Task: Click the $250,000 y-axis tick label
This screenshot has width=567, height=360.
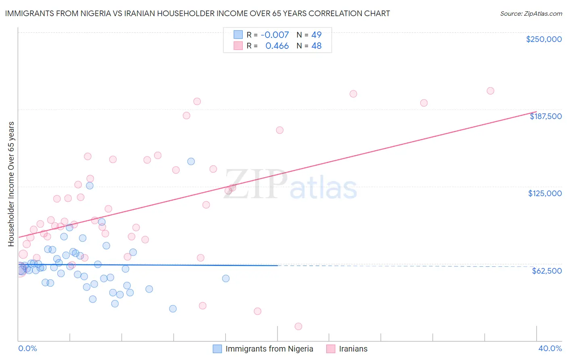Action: pos(544,39)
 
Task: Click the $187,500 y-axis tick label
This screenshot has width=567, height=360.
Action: pos(545,116)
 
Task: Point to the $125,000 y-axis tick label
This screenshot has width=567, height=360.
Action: pos(545,193)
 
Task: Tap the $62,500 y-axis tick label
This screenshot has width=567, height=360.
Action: pos(546,271)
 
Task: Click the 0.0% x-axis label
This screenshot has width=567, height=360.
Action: pos(27,348)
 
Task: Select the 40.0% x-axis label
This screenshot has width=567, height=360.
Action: pos(550,348)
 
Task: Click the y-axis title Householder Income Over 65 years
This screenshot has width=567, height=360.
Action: pos(11,184)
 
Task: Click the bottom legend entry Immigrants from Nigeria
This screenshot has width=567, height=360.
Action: pos(269,349)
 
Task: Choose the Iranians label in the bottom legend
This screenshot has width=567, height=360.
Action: pos(353,349)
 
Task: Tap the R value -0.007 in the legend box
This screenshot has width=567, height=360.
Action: pos(275,35)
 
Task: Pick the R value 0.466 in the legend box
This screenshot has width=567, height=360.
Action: pos(277,46)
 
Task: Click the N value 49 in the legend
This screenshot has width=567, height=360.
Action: pos(316,35)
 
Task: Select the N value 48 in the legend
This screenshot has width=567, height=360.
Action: pos(316,46)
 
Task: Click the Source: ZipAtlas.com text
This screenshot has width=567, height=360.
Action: pos(531,14)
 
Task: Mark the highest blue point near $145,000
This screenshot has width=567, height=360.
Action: pos(191,161)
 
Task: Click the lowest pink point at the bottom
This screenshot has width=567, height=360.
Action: pos(298,326)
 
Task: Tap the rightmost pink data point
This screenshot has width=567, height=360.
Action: pos(490,91)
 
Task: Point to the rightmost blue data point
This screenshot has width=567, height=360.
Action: pos(226,278)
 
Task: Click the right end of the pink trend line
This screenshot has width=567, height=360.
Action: pos(536,111)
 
